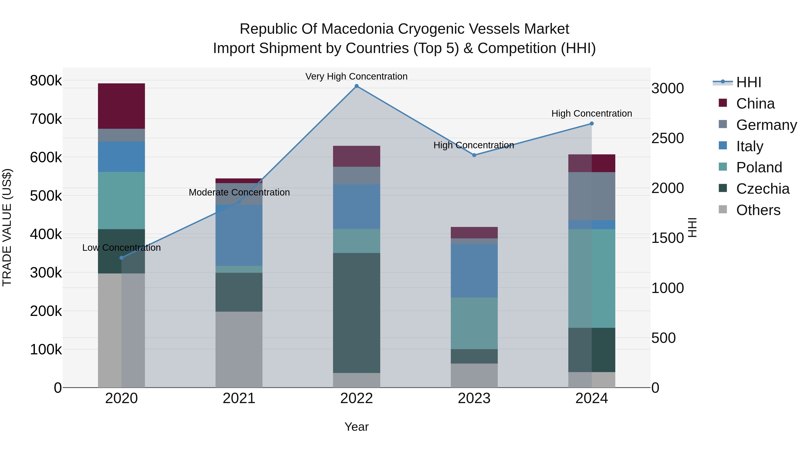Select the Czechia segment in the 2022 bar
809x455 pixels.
pos(356,313)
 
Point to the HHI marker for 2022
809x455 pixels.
pos(356,86)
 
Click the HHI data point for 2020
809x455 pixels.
pos(122,258)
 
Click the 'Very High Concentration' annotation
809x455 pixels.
pos(356,76)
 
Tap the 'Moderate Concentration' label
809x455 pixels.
pos(239,192)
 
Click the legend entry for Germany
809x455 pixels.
pos(766,125)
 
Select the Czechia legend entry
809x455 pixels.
pos(762,189)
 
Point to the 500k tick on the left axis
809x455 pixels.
pos(46,196)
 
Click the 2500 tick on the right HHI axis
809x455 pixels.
pos(667,138)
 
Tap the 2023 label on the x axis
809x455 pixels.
pos(474,398)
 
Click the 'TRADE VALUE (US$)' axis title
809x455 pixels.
pos(7,227)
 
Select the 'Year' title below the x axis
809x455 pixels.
pos(356,427)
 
